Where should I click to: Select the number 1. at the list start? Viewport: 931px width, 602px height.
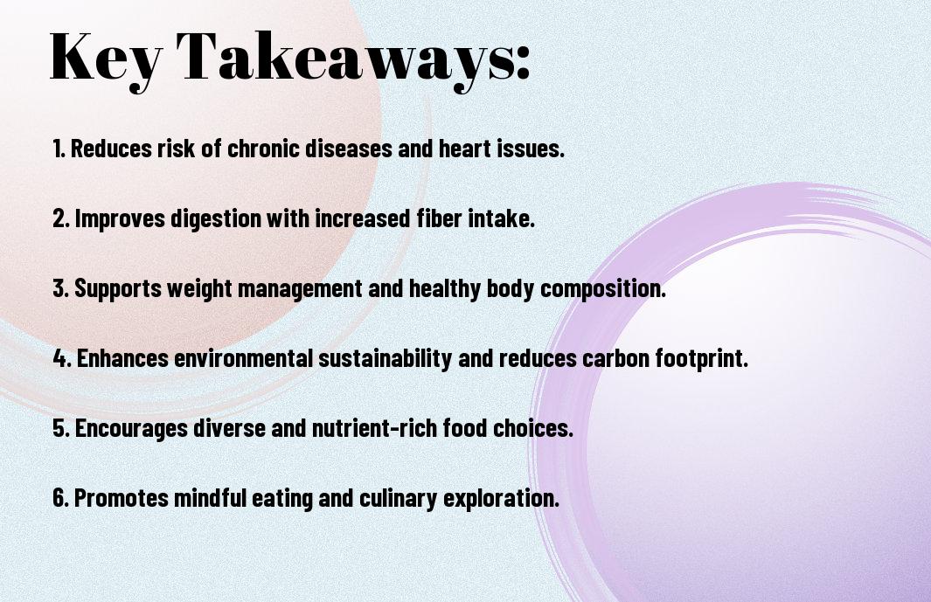click(x=59, y=149)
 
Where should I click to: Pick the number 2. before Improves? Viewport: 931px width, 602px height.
click(x=60, y=218)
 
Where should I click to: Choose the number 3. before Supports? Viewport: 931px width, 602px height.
click(x=60, y=288)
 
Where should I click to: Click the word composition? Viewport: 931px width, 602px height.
click(x=603, y=289)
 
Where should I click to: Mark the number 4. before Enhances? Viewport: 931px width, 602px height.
click(x=61, y=358)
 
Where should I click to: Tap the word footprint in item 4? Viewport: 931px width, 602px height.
click(x=703, y=358)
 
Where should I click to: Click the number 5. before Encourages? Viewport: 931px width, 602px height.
click(x=60, y=428)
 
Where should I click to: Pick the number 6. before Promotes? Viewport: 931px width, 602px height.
click(x=60, y=498)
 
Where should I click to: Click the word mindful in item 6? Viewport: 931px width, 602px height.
click(x=209, y=498)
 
